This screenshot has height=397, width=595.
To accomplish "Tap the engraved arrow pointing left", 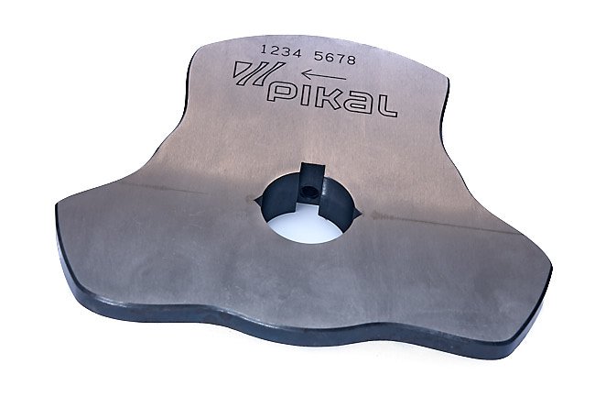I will [x=320, y=76].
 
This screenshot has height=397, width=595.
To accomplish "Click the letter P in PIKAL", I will [x=286, y=94].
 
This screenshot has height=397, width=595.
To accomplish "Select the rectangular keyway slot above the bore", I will [x=309, y=174].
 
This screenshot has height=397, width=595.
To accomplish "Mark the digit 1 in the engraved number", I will [x=265, y=47].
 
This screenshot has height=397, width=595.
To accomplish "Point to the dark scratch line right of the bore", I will [x=439, y=224].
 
